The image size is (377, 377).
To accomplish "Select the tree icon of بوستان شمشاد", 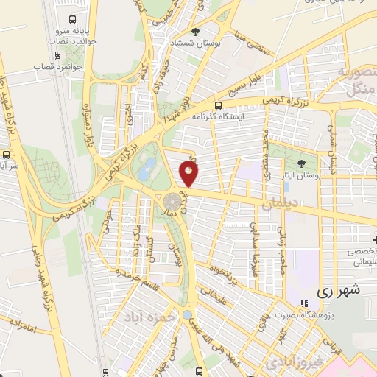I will pos(195,32).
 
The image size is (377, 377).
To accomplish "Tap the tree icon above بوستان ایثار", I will pos(300,163).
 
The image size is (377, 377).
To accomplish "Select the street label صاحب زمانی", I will pos(281,236).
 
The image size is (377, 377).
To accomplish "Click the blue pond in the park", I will pos(147,169).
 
